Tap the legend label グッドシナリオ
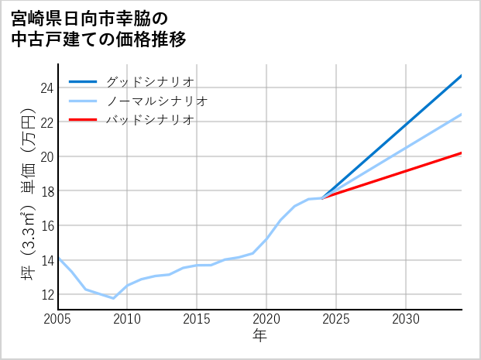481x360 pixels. click(x=149, y=81)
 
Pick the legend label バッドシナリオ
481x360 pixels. click(x=149, y=120)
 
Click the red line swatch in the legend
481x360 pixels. click(x=83, y=120)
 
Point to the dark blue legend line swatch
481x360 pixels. click(x=83, y=81)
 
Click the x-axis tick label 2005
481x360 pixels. click(x=58, y=319)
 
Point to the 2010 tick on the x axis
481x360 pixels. click(x=127, y=319)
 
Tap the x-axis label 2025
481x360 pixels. click(x=336, y=319)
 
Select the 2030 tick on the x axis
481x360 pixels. click(x=406, y=319)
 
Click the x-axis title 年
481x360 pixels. click(x=259, y=336)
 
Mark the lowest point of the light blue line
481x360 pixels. click(x=113, y=298)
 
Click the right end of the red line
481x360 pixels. click(x=462, y=153)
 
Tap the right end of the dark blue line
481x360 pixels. click(x=462, y=75)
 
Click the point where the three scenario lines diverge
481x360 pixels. click(x=322, y=198)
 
